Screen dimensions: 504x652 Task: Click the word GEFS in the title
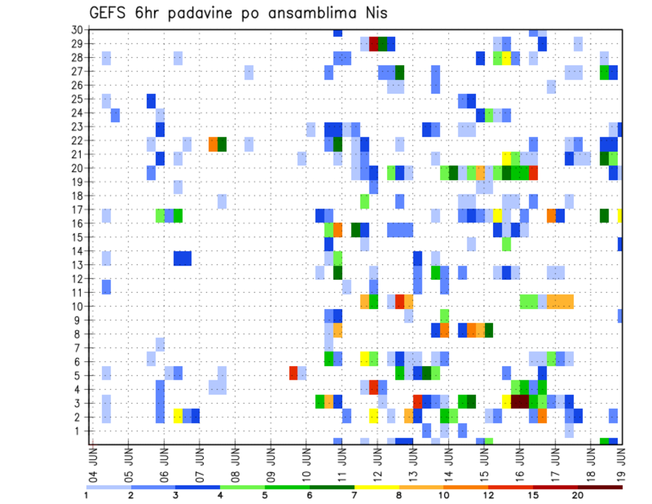[110, 13]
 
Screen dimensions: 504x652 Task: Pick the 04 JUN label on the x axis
[93, 462]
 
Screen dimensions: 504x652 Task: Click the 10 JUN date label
[306, 462]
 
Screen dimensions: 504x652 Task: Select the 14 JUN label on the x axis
[448, 462]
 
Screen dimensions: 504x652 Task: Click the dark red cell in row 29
[374, 43]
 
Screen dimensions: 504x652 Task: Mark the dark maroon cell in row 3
[520, 401]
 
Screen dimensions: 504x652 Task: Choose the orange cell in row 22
[213, 144]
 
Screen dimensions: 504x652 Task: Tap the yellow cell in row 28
[507, 58]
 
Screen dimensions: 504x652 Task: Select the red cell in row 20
[533, 172]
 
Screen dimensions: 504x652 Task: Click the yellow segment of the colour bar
[376, 487]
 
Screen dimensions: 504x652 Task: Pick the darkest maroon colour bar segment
[600, 487]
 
